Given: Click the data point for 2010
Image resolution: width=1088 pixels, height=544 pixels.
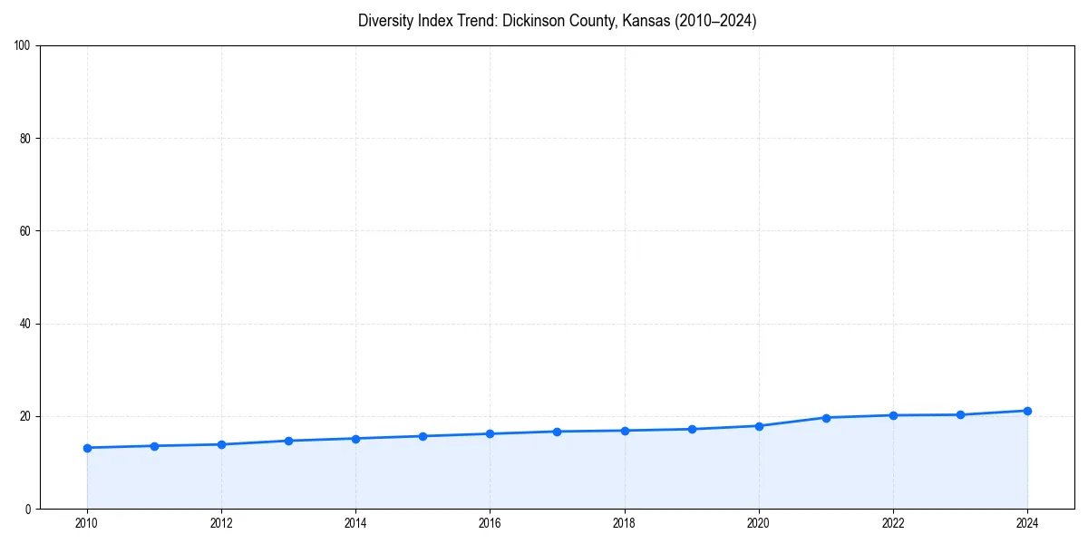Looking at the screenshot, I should pyautogui.click(x=87, y=448).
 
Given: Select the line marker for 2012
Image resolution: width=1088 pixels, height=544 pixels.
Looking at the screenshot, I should pyautogui.click(x=221, y=444).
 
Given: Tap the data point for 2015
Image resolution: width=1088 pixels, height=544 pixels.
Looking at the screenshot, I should pyautogui.click(x=423, y=436).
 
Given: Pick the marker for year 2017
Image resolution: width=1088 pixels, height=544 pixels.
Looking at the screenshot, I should pyautogui.click(x=557, y=432).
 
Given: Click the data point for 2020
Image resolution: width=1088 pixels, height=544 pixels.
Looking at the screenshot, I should pyautogui.click(x=759, y=426).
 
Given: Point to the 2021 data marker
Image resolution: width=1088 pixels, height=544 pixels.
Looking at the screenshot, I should pyautogui.click(x=826, y=418).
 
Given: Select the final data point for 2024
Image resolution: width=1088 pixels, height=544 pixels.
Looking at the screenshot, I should pyautogui.click(x=1027, y=411).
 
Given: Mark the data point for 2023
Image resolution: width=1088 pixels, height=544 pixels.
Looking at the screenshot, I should pyautogui.click(x=960, y=415).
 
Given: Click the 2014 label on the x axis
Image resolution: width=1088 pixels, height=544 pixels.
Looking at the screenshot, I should pyautogui.click(x=355, y=523).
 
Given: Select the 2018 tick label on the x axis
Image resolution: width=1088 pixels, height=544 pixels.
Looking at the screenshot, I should pyautogui.click(x=624, y=523).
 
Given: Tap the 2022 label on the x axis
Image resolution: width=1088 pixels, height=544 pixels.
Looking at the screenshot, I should pyautogui.click(x=893, y=523).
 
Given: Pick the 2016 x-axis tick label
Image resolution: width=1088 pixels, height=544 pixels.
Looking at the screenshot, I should pyautogui.click(x=490, y=523).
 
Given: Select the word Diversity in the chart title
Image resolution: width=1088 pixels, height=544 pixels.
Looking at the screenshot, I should pyautogui.click(x=385, y=21).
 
